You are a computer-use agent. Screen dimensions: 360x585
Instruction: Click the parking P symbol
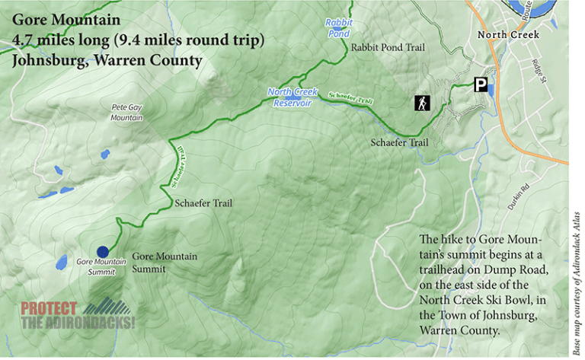(x=481, y=85)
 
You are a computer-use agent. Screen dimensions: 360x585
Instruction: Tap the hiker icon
(x=420, y=103)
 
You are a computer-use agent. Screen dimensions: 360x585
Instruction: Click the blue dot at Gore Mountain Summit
(x=102, y=252)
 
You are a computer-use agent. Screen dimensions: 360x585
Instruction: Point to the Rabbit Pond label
(x=337, y=28)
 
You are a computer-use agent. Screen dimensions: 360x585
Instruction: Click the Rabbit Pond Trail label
(x=388, y=47)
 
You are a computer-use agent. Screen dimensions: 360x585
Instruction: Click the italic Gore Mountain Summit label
(x=94, y=266)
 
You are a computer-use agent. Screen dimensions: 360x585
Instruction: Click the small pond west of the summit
(x=59, y=264)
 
